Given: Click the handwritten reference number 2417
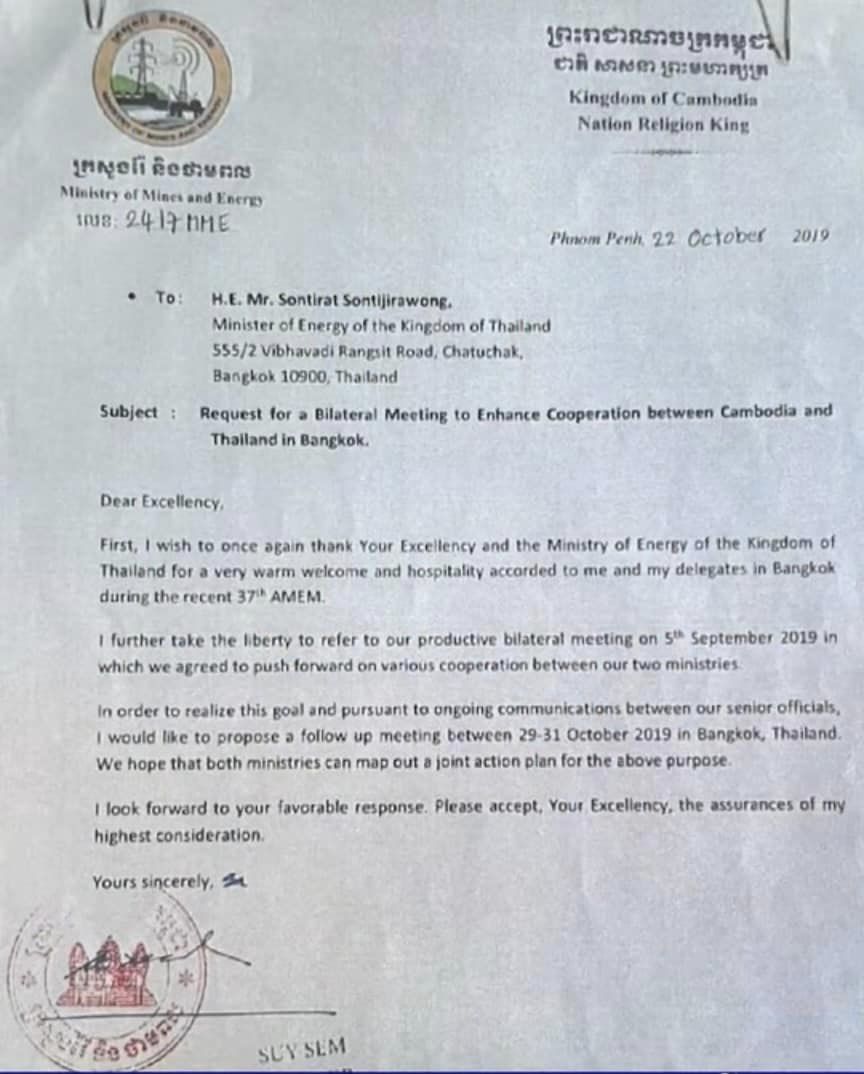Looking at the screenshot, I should point(150,222).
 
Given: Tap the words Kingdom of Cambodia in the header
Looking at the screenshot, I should point(662,99).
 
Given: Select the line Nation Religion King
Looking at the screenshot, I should point(662,125).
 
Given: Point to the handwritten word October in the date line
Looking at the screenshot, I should point(726,238).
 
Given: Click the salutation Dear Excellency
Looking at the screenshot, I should point(161,502).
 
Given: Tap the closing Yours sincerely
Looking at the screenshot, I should point(153,882).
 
